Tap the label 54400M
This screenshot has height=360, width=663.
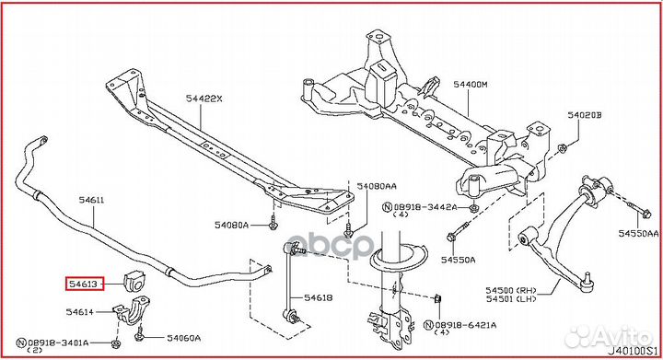(471, 84)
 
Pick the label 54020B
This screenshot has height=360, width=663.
(585, 115)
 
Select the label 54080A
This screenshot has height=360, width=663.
(232, 224)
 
